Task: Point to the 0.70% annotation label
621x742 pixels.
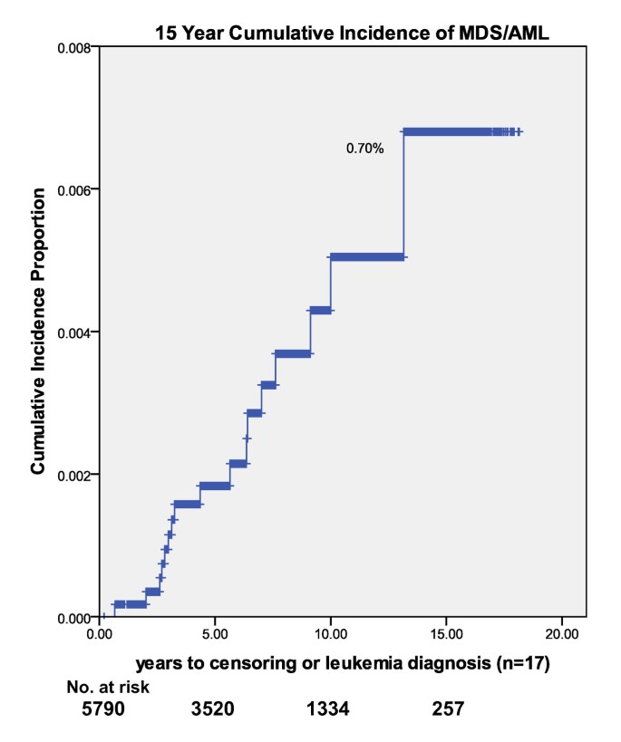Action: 364,149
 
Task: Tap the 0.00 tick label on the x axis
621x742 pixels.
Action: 101,634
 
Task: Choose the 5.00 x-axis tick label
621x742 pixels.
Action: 216,634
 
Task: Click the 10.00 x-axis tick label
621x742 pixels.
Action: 331,634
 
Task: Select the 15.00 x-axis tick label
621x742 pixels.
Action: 446,634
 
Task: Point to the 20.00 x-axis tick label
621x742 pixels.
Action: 561,634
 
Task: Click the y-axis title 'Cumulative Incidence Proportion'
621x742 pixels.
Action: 39,332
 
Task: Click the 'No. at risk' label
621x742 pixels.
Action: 108,688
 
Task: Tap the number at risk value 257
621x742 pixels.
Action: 448,708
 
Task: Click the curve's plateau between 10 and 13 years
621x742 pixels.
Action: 367,257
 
